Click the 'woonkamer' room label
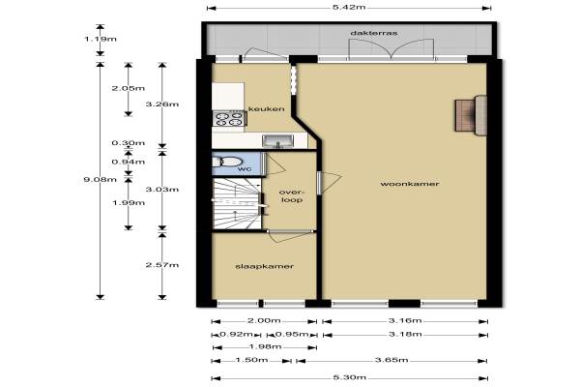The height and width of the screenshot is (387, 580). pyautogui.click(x=410, y=184)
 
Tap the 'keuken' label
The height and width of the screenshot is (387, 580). pyautogui.click(x=267, y=109)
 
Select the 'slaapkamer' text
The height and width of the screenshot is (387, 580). pyautogui.click(x=265, y=266)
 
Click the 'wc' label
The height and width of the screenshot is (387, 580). pyautogui.click(x=245, y=169)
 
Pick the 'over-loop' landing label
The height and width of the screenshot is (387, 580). pyautogui.click(x=292, y=195)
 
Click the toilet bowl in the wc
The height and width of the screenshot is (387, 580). pyautogui.click(x=227, y=162)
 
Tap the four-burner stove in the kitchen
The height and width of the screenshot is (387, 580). pyautogui.click(x=229, y=119)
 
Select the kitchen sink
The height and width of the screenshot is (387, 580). pyautogui.click(x=277, y=140)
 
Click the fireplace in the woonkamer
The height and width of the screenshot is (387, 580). pyautogui.click(x=471, y=115)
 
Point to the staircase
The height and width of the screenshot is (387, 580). pyautogui.click(x=237, y=204)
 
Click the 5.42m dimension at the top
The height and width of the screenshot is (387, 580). pyautogui.click(x=349, y=7)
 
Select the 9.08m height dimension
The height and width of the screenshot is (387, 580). pyautogui.click(x=100, y=180)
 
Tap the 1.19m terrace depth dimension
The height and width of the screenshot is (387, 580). pyautogui.click(x=101, y=39)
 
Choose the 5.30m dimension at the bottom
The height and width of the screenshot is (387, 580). pyautogui.click(x=350, y=377)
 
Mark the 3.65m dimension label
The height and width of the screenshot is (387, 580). pyautogui.click(x=391, y=360)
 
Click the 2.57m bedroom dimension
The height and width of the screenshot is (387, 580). pyautogui.click(x=162, y=265)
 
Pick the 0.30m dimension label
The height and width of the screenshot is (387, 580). pyautogui.click(x=129, y=143)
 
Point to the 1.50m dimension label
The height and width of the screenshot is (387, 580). pyautogui.click(x=251, y=360)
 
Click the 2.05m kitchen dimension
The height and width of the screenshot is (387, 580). pyautogui.click(x=129, y=88)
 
